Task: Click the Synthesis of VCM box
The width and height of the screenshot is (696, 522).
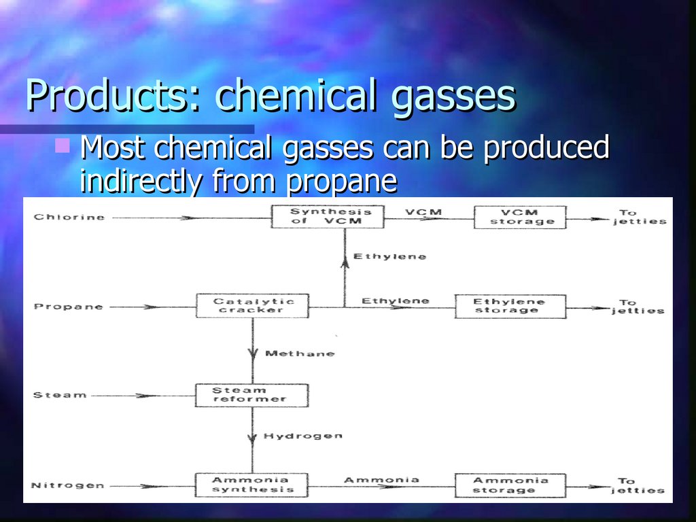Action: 328,217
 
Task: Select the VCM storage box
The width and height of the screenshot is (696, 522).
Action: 519,217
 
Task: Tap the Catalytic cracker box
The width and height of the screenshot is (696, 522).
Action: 252,306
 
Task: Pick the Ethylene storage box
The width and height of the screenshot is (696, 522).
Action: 510,306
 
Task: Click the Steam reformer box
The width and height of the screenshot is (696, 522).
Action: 251,395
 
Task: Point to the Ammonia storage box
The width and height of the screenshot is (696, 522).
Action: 510,485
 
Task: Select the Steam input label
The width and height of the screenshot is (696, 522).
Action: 60,395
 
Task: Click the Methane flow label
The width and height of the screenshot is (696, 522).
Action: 299,353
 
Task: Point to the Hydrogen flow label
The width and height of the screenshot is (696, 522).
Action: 303,436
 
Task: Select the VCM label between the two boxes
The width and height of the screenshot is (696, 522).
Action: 423,212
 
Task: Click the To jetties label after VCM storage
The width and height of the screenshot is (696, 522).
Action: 639,217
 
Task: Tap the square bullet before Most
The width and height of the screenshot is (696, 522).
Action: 63,144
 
